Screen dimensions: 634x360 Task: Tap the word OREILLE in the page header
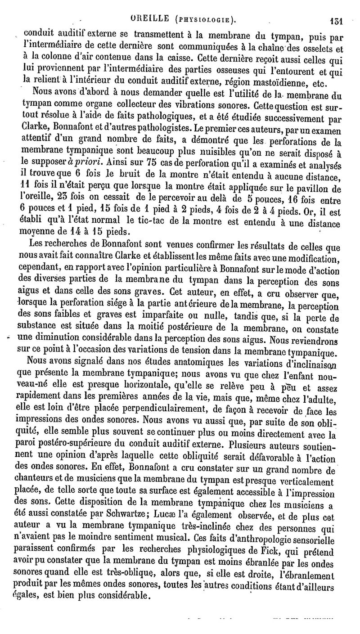point(150,18)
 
